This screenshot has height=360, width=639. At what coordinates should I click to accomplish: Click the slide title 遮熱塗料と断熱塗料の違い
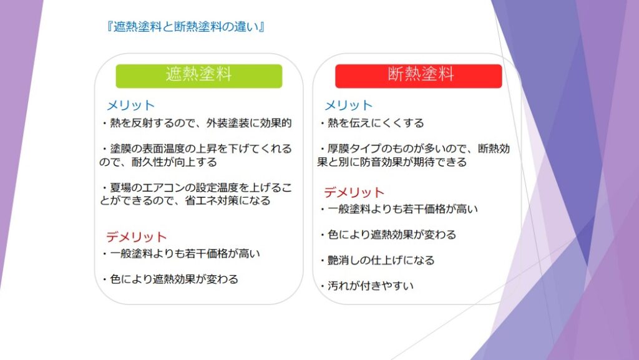pos(185,27)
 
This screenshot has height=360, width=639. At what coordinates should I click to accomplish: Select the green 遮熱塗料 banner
pos(199,76)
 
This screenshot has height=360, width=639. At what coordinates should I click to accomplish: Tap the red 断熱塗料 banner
pos(419,76)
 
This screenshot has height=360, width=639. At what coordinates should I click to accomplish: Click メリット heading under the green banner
pos(130,105)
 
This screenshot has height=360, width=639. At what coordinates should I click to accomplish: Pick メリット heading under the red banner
pos(348,105)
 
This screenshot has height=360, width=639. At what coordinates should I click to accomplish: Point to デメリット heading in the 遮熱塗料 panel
pos(137,237)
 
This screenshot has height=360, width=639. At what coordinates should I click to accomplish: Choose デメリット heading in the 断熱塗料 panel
pos(354,192)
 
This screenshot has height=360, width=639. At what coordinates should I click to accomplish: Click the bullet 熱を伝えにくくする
pos(373,123)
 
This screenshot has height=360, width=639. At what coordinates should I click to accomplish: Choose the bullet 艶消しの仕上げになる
pos(378,260)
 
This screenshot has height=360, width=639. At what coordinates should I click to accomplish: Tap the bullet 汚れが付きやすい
pos(367,286)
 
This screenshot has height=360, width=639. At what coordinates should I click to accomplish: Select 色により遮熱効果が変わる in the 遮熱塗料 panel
pos(170,280)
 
